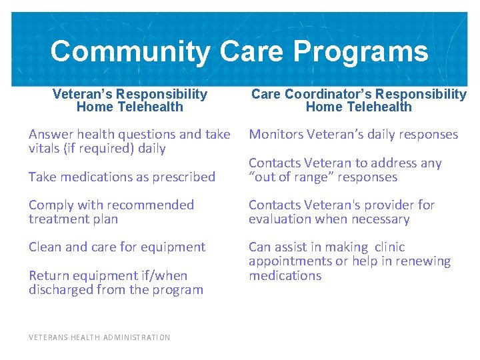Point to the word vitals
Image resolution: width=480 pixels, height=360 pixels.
(44, 149)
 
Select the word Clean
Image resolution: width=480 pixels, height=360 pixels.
(45, 247)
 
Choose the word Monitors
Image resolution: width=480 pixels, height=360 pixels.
(275, 135)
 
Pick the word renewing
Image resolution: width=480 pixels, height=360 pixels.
(423, 261)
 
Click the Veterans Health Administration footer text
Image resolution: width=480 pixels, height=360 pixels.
(99, 337)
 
